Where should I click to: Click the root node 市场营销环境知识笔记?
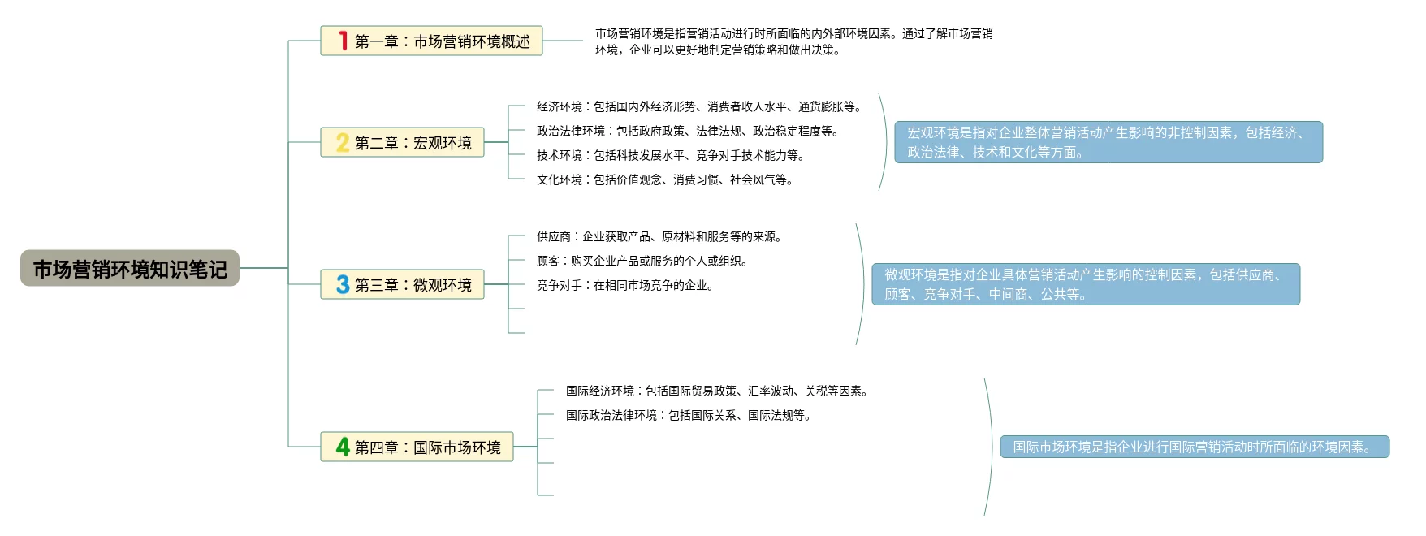(130, 269)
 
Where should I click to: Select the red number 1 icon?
(343, 41)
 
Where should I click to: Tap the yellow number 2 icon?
(343, 143)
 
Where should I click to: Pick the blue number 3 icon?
(343, 285)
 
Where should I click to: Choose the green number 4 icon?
(343, 447)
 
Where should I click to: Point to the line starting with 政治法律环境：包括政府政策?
(687, 131)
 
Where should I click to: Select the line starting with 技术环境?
(670, 155)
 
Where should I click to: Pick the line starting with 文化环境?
(664, 179)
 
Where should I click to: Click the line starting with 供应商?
(659, 236)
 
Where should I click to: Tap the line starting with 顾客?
(642, 261)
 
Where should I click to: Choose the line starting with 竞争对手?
(624, 285)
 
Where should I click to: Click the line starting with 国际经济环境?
(718, 391)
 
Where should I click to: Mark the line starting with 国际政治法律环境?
(689, 415)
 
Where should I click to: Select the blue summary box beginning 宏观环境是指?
(1108, 142)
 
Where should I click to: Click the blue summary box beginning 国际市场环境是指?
(1195, 447)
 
